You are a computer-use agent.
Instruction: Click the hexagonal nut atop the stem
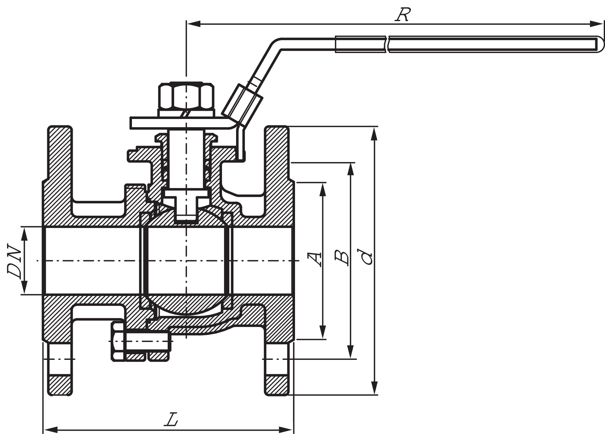click(x=186, y=96)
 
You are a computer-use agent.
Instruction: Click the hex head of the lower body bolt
click(x=118, y=341)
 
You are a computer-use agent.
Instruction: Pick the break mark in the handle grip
click(x=387, y=45)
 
